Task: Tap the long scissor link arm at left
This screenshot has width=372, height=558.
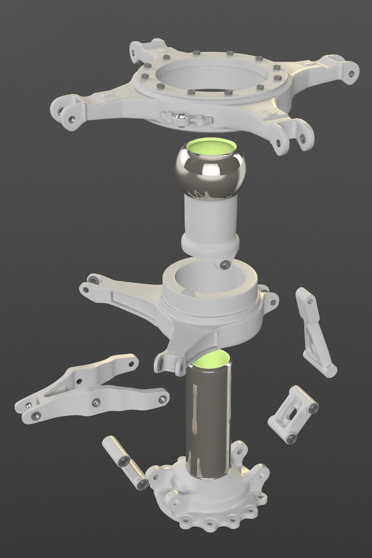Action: coord(88,393)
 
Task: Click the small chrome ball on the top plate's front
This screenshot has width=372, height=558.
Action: coord(181,120)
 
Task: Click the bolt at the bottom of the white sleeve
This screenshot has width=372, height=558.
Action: coord(224,265)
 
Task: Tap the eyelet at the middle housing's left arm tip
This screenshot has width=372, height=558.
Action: coord(93,280)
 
